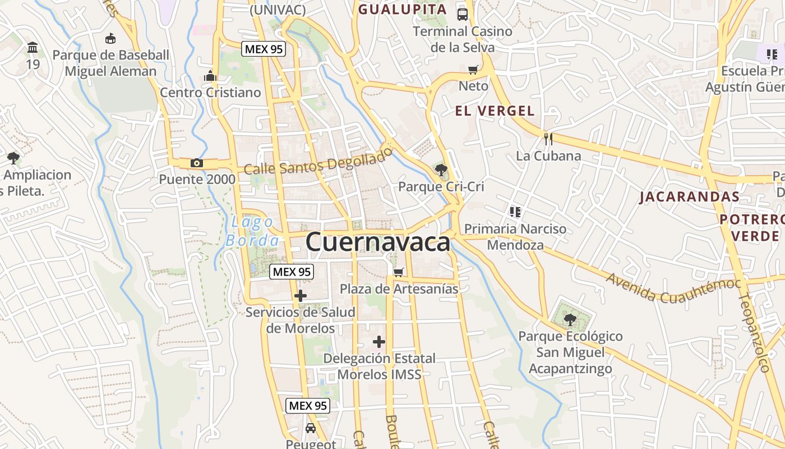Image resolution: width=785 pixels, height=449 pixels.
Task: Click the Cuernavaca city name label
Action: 378,242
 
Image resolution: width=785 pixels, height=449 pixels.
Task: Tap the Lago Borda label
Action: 252,231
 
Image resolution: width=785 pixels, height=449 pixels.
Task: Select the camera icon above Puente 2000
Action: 196,163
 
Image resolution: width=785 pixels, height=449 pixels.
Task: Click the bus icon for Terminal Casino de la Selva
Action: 463,15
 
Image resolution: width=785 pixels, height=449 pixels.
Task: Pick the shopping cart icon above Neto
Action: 473,70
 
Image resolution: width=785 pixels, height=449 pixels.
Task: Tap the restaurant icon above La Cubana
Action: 548,139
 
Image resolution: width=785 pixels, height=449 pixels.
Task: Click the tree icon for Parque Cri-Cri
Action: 441,169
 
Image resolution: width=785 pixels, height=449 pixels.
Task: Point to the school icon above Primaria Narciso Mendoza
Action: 515,212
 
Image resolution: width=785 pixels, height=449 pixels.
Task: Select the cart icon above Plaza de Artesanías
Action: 399,272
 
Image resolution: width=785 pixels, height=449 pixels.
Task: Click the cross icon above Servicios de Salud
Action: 301,295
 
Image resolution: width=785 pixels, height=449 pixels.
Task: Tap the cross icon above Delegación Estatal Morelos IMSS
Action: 379,341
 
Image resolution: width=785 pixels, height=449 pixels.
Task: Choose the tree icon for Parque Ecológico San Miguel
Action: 570,320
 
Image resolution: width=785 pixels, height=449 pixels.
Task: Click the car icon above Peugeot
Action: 310,428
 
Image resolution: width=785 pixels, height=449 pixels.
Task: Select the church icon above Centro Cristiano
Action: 210,75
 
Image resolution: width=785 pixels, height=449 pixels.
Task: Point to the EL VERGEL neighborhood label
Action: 495,111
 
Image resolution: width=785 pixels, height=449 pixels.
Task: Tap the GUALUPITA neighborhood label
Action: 403,9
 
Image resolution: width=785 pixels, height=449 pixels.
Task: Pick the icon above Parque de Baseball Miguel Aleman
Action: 110,39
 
